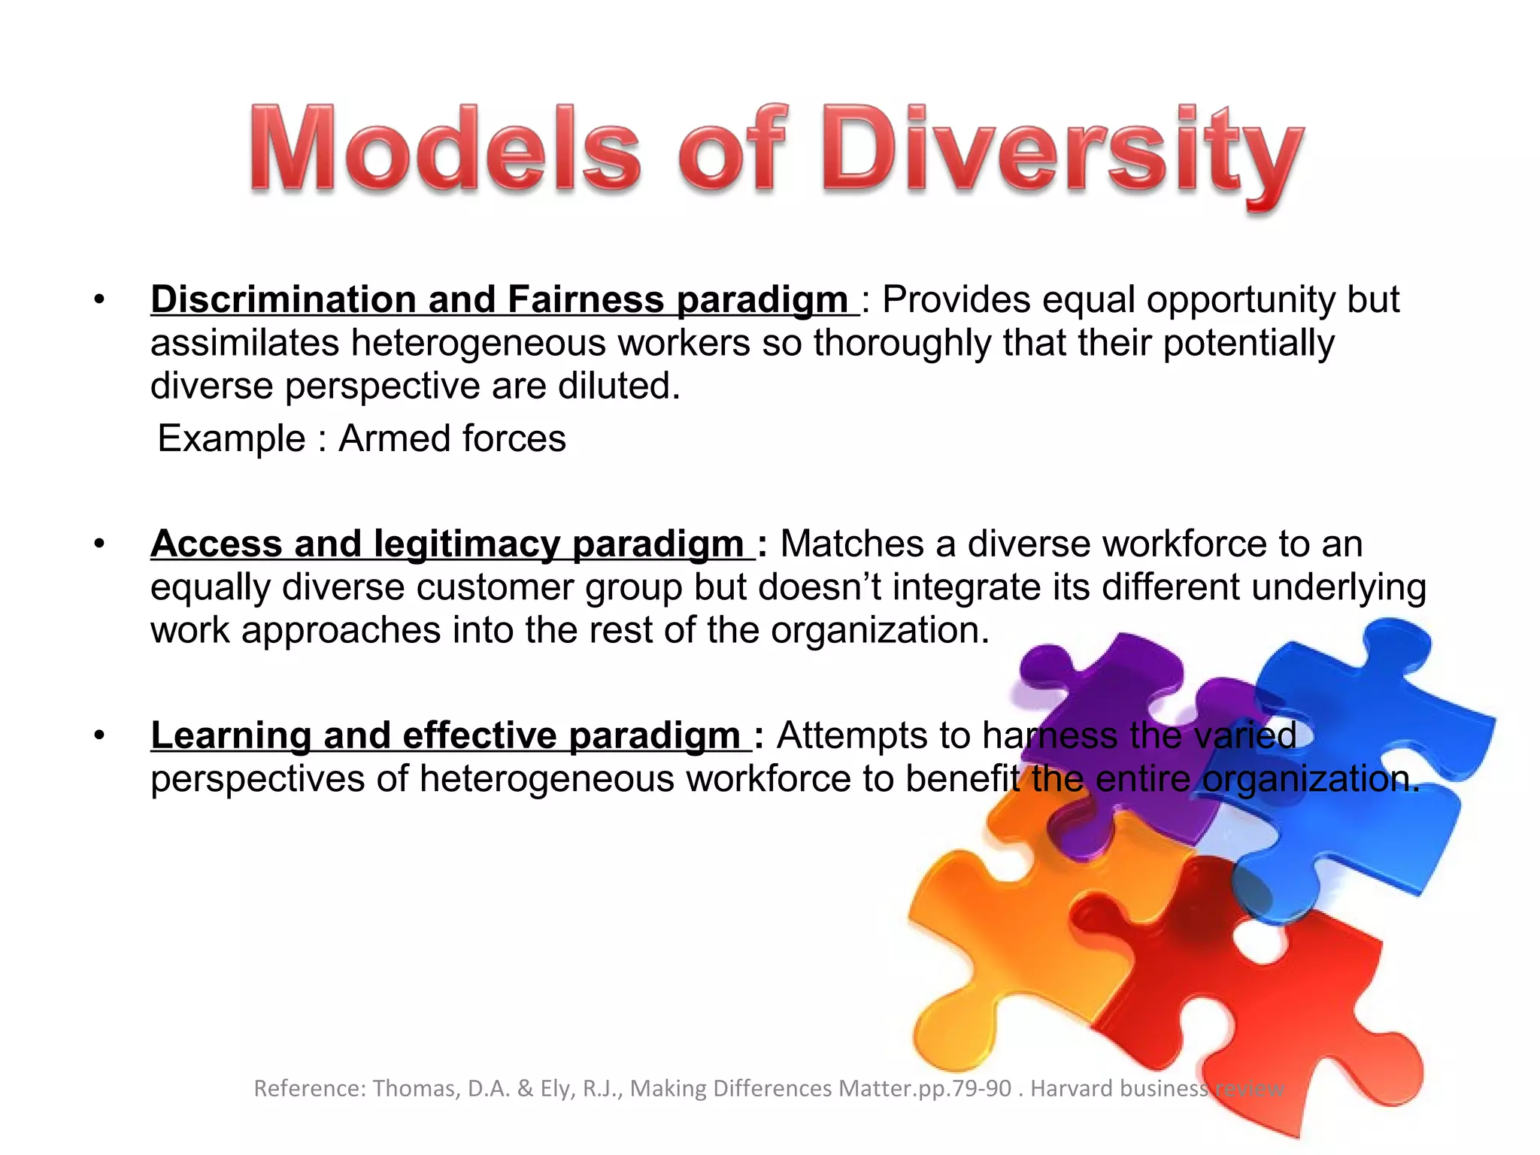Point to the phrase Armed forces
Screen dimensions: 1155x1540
pos(452,438)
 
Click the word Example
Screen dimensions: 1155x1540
pos(231,438)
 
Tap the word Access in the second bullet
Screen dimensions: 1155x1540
pos(216,544)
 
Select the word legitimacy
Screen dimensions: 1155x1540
pos(466,544)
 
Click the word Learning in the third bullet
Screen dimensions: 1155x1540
pos(231,735)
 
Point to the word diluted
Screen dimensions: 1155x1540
pos(618,386)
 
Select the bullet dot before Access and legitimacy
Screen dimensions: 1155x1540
pos(99,544)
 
